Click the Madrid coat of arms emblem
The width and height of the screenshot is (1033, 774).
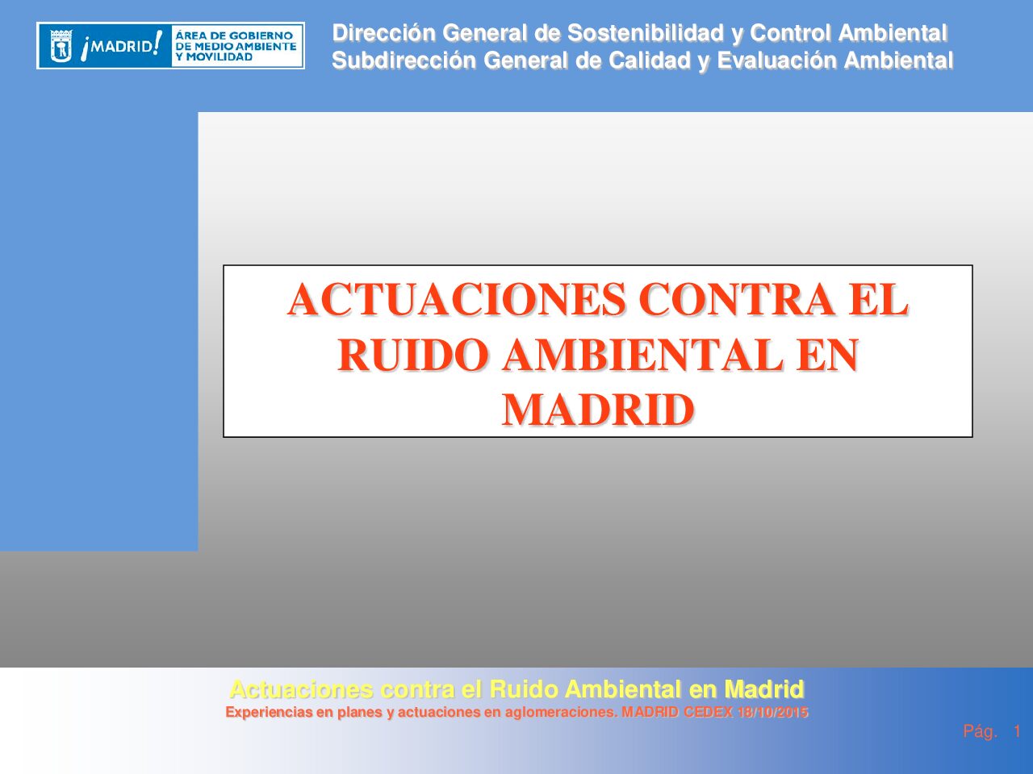click(61, 46)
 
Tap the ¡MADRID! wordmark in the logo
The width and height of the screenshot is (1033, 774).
click(121, 46)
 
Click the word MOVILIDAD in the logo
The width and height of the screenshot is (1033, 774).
click(220, 57)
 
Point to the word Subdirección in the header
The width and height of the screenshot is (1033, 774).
click(404, 60)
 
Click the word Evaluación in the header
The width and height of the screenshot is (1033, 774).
click(776, 60)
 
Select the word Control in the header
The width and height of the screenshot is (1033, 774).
click(791, 33)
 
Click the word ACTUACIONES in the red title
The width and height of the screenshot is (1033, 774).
click(457, 299)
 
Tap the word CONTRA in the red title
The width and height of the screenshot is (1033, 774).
click(737, 299)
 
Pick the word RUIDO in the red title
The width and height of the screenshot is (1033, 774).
click(413, 355)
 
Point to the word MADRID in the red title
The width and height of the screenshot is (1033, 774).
click(598, 410)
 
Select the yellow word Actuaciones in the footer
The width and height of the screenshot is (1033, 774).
click(301, 689)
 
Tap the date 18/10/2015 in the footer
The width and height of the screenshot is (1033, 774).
click(773, 713)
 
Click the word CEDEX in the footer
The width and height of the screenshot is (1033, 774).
click(708, 713)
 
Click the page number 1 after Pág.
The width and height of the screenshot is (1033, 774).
click(1017, 732)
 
